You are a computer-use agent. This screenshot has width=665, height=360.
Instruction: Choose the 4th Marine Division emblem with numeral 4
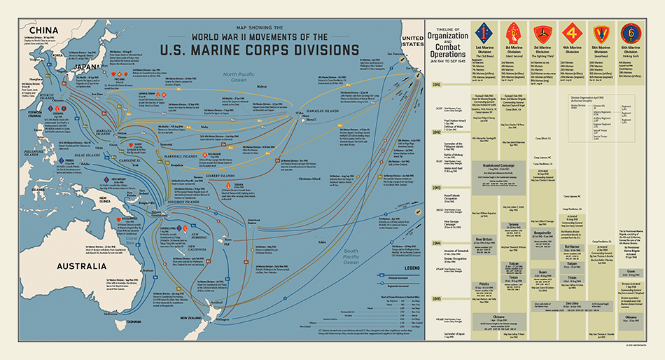[571, 34]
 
